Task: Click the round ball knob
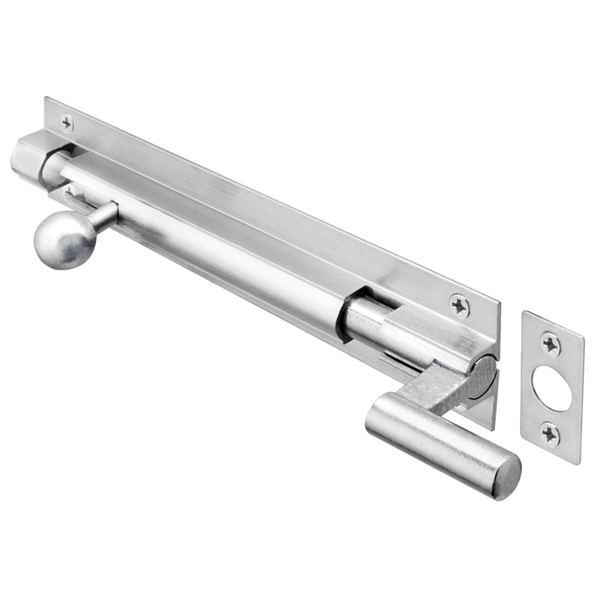click(65, 240)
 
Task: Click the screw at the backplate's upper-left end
click(67, 121)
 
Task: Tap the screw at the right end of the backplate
click(459, 305)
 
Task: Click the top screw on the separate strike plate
click(551, 344)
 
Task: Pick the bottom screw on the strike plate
click(551, 433)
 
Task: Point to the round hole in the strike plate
click(551, 388)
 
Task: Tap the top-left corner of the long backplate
click(46, 98)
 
